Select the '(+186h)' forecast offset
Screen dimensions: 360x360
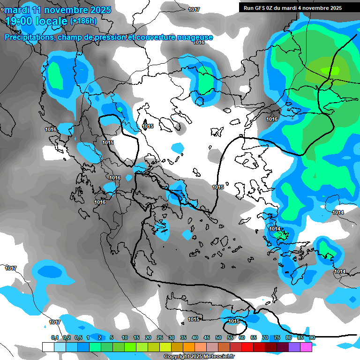pyautogui.click(x=83, y=21)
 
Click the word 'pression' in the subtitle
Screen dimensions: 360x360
pyautogui.click(x=113, y=37)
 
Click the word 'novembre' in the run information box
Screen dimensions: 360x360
pyautogui.click(x=314, y=8)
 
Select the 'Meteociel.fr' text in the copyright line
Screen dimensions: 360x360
pyautogui.click(x=208, y=357)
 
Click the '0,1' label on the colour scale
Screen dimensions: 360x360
pyautogui.click(x=55, y=337)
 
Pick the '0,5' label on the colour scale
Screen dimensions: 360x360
pyautogui.click(x=78, y=337)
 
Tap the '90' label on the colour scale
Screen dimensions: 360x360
pyautogui.click(x=312, y=337)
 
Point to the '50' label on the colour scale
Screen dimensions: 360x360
pyautogui.click(x=218, y=337)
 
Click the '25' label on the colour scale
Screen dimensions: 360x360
pyautogui.click(x=160, y=337)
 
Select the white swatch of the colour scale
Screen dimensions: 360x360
pyautogui.click(x=48, y=347)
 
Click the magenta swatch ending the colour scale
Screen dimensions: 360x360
pyautogui.click(x=306, y=347)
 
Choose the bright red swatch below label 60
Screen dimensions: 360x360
pyautogui.click(x=247, y=347)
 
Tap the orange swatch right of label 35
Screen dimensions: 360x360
pyautogui.click(x=189, y=347)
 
